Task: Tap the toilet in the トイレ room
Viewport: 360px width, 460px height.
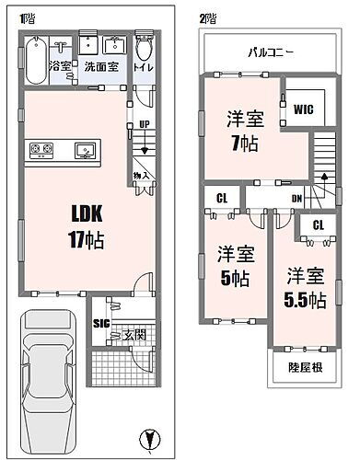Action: [143, 51]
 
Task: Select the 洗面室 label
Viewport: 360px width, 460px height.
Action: [102, 66]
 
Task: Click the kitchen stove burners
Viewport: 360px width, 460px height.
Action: [41, 148]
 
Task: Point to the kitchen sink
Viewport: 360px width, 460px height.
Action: [87, 148]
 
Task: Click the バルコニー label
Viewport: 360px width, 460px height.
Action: [270, 53]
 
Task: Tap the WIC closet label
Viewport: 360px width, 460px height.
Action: [304, 109]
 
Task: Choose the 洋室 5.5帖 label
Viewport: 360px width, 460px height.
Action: [305, 286]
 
